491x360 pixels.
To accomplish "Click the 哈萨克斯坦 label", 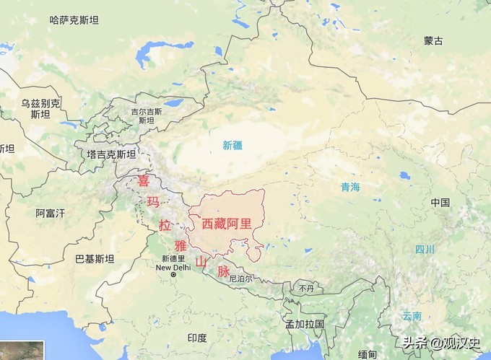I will click(74, 21).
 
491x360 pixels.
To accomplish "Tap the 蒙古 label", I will click(433, 41).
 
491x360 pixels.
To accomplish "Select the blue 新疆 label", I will click(233, 145).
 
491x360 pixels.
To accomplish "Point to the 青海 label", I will click(351, 187).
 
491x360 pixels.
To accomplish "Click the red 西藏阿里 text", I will click(227, 223).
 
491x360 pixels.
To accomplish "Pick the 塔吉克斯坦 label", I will click(111, 154).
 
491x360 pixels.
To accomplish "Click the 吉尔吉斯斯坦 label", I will click(147, 116).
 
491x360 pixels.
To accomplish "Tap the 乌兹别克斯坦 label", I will click(40, 109).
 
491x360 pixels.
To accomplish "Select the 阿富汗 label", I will click(51, 213).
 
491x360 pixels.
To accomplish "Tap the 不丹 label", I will click(307, 288).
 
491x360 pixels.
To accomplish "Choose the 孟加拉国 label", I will click(305, 324).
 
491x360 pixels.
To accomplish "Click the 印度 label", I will click(197, 338).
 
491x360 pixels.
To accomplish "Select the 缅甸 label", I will click(367, 354).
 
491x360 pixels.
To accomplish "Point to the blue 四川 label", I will click(425, 250).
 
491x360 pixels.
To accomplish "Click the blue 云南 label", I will click(412, 316).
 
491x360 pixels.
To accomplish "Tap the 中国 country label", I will click(440, 203).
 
